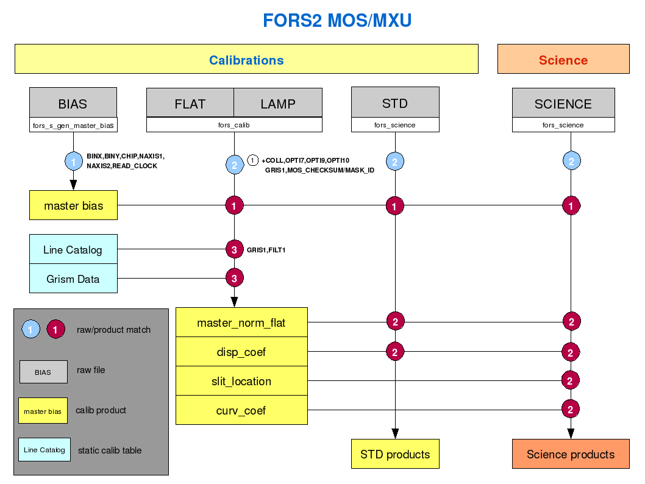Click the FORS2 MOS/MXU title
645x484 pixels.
[x=337, y=21]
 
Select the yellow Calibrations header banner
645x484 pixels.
[x=246, y=60]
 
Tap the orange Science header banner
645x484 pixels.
[x=563, y=60]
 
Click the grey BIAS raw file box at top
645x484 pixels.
[x=73, y=103]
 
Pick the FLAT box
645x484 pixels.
[x=190, y=103]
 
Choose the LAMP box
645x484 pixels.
[x=278, y=103]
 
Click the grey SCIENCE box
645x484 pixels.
[x=563, y=103]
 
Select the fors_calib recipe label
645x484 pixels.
[x=234, y=125]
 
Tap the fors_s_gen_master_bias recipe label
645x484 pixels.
[x=73, y=126]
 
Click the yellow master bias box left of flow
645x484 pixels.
[x=73, y=205]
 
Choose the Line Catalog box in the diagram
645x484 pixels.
[x=73, y=249]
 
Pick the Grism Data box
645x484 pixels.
[x=73, y=279]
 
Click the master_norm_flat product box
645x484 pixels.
[x=241, y=322]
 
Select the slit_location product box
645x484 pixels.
[x=241, y=381]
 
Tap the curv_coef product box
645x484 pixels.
[x=241, y=410]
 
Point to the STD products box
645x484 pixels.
[x=395, y=454]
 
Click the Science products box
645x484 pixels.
[x=570, y=454]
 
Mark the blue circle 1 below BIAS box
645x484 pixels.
[x=74, y=162]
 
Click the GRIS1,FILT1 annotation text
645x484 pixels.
[x=266, y=250]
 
